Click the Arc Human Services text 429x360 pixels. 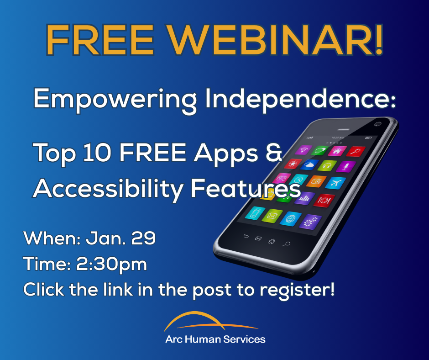point(215,339)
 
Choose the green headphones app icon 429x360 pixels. point(327,165)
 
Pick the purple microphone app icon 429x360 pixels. point(347,167)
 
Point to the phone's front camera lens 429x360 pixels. point(377,123)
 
